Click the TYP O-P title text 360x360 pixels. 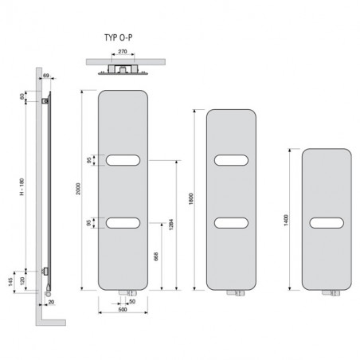coord(119,37)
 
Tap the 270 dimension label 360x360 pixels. coord(123,52)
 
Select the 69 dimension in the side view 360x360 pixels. coord(46,76)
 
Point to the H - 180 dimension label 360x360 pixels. coord(22,187)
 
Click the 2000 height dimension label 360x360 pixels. coord(78,189)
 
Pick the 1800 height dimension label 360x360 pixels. coord(191,199)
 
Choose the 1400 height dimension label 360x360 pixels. coord(286,220)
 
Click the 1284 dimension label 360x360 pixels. coord(171,225)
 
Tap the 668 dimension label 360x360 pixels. coord(156,256)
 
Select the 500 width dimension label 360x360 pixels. coord(123,310)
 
